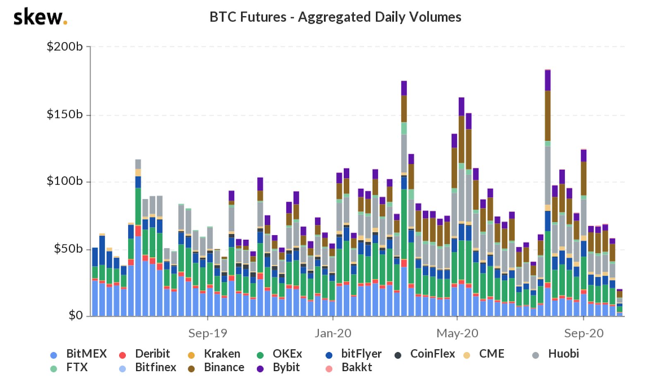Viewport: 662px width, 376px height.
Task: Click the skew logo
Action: click(40, 17)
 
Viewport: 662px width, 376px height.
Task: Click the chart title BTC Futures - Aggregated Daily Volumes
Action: click(335, 17)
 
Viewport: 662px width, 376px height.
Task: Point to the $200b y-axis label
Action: click(65, 46)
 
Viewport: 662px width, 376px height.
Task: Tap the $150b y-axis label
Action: click(65, 114)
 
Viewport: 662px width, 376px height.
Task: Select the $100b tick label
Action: click(65, 181)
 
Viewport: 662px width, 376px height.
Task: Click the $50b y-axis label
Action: click(68, 248)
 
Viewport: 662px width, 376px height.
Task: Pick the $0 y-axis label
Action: click(76, 316)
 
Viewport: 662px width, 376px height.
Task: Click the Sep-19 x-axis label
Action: click(208, 333)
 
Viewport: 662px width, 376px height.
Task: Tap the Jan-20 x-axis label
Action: click(333, 333)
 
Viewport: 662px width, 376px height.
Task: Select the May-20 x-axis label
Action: click(457, 333)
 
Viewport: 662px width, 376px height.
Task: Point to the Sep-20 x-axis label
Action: click(584, 333)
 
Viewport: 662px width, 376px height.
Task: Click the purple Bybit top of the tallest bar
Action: click(548, 80)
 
